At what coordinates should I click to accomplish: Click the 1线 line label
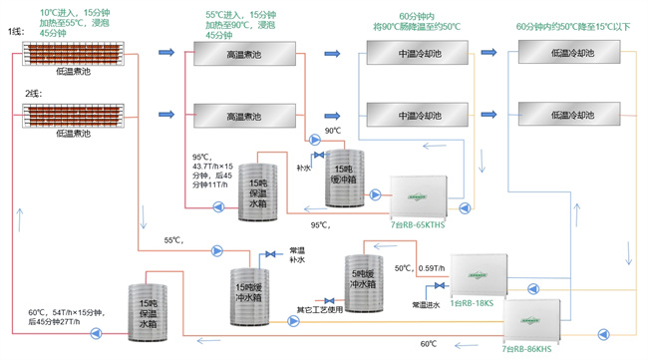(x=15, y=32)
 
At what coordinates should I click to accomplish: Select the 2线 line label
(x=15, y=95)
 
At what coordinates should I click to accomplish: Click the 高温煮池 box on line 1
(x=243, y=55)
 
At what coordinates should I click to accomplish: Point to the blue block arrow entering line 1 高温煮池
(x=165, y=53)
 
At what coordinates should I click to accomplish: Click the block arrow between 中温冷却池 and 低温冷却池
(x=488, y=52)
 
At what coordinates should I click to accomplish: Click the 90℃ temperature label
(x=333, y=131)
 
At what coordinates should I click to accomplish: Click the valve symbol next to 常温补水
(x=269, y=254)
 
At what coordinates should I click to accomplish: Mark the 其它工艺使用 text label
(x=319, y=310)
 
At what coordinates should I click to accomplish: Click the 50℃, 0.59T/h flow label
(x=419, y=267)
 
